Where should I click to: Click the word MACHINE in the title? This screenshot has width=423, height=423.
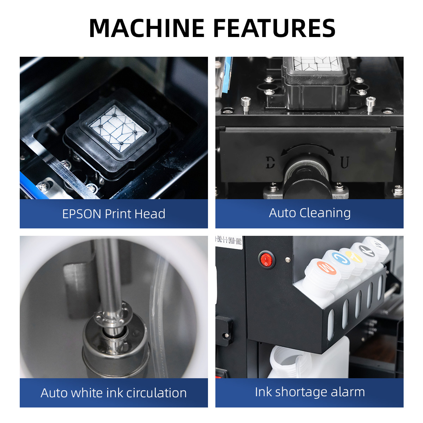[x=147, y=28]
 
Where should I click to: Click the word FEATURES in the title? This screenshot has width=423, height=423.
[x=274, y=28]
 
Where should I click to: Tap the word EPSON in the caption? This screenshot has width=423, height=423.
[x=82, y=214]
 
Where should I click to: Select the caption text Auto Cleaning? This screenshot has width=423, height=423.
[x=310, y=213]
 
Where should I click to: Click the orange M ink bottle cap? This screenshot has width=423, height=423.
[x=326, y=268]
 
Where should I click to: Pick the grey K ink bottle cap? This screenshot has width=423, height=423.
[x=367, y=251]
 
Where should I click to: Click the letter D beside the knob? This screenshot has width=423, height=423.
[x=270, y=163]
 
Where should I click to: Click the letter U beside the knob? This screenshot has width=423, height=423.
[x=344, y=162]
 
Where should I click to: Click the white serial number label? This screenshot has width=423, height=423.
[x=229, y=242]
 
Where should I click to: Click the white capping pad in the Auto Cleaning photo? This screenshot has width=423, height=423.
[x=318, y=63]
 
